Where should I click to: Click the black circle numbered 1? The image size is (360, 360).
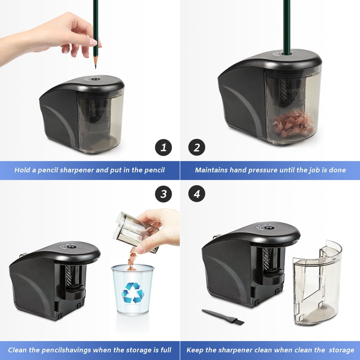164,147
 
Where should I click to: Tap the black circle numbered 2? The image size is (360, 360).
197,147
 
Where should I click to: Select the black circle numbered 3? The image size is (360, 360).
164,194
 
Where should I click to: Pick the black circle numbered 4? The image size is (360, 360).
197,194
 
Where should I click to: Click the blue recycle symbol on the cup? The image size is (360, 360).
133,293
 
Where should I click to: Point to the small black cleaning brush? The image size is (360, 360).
223,317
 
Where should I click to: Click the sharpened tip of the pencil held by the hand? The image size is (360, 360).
96,67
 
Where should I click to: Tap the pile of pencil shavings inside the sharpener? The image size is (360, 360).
293,124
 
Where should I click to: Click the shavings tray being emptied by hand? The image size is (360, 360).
135,232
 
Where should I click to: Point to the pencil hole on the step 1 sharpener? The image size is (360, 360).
95,79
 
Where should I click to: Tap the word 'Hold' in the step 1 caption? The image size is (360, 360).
22,170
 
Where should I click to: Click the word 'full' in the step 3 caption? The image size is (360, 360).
166,350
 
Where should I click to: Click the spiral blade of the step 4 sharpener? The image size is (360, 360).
266,259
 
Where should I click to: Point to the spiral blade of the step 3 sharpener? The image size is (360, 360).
69,276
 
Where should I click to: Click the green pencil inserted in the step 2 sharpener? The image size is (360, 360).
287,27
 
